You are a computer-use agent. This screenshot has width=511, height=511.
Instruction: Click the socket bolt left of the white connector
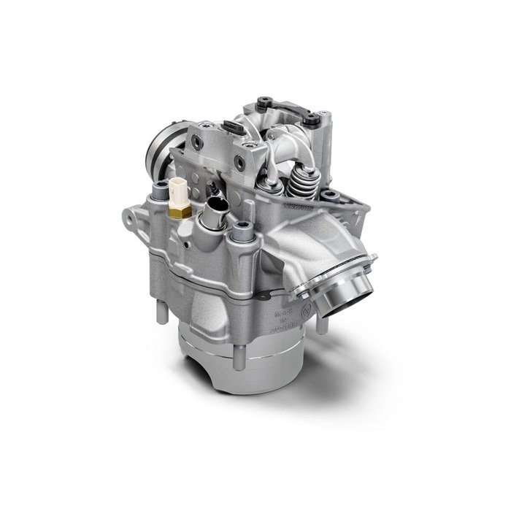click(155, 195)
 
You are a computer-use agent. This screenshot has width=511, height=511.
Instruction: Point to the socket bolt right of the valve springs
click(330, 195)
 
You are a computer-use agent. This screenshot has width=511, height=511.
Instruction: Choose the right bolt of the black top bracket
click(313, 116)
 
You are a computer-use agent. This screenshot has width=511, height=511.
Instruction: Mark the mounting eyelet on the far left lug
click(129, 216)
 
